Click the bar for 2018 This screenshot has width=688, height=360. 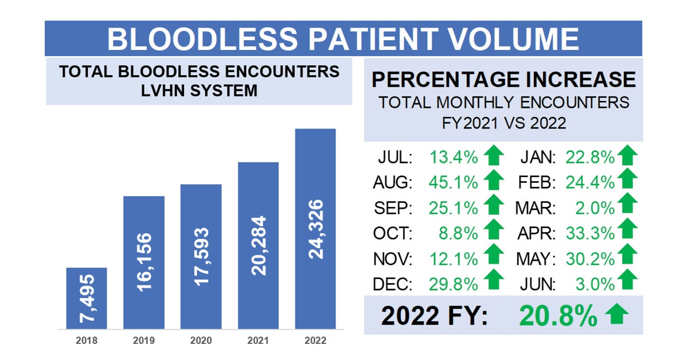(86, 298)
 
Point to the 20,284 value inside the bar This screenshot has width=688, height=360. (259, 245)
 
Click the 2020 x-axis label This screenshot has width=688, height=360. (201, 341)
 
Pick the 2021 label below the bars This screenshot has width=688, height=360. (258, 341)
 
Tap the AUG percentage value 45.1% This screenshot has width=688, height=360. (453, 182)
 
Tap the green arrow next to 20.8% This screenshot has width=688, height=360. (617, 315)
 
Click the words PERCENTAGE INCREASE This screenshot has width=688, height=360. (502, 79)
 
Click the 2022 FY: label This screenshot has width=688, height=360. (435, 315)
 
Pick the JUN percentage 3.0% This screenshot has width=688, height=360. (596, 283)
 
